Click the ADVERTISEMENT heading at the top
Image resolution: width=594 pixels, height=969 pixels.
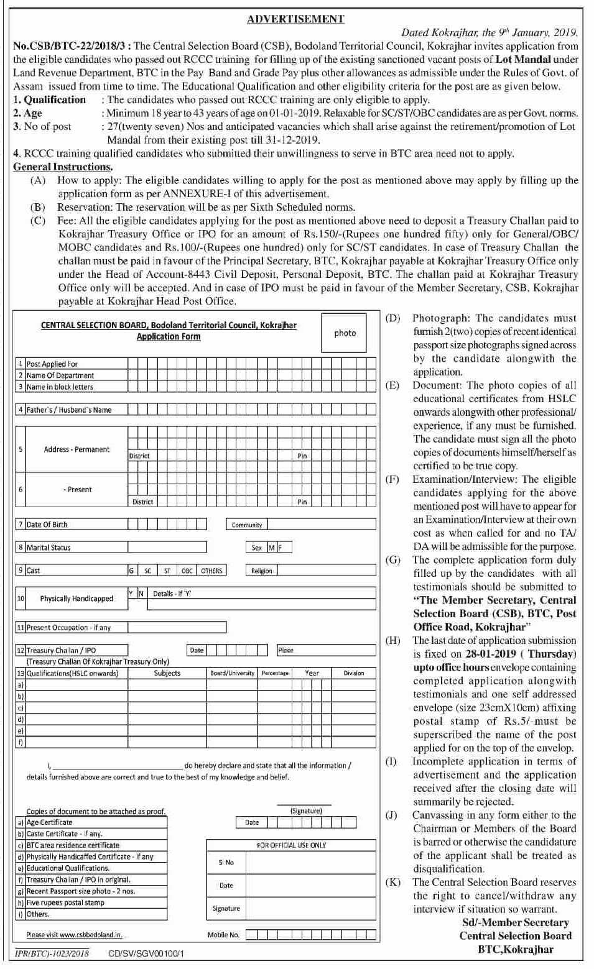[x=295, y=19]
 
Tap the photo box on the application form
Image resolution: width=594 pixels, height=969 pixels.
[x=345, y=333]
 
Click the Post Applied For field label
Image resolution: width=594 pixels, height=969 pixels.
[x=52, y=364]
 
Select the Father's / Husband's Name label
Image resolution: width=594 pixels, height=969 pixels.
[x=69, y=410]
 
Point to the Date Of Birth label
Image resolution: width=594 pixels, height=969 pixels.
[x=47, y=525]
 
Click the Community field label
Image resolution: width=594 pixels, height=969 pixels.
[x=247, y=525]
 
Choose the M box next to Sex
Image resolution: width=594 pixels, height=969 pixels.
[x=271, y=548]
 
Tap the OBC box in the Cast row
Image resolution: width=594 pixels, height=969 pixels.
[x=187, y=571]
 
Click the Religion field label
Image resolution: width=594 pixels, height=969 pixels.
[x=261, y=571]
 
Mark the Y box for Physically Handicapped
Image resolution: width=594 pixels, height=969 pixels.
[x=131, y=594]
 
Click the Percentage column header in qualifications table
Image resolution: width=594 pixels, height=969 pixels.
[x=275, y=673]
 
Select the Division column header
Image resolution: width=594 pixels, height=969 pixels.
[x=353, y=673]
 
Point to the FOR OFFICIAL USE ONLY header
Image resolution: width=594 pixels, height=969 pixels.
[x=291, y=845]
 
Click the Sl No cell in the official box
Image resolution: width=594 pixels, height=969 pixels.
[x=226, y=863]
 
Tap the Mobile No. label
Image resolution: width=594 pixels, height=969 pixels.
[x=223, y=935]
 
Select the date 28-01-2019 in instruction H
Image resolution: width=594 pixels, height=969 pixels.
[x=491, y=654]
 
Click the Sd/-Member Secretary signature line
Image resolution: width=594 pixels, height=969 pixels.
[x=515, y=923]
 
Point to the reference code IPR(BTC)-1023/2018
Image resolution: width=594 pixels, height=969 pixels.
[x=52, y=953]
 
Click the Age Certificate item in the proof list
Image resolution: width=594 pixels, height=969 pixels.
[x=50, y=822]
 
